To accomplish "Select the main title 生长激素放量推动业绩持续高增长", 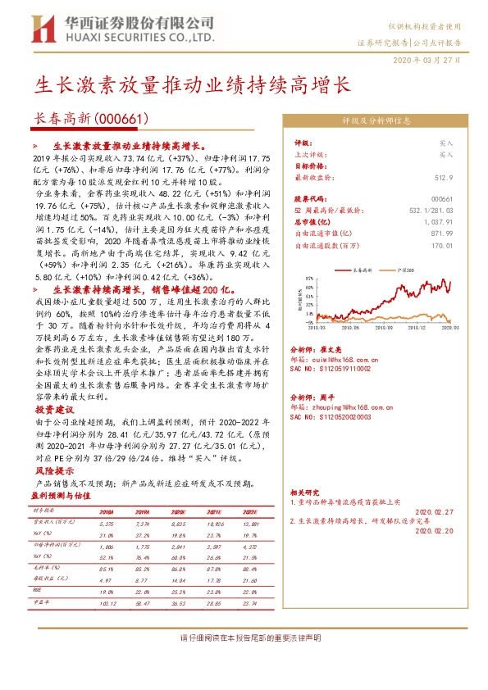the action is click(190, 84).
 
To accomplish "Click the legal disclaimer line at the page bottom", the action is click(243, 637).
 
